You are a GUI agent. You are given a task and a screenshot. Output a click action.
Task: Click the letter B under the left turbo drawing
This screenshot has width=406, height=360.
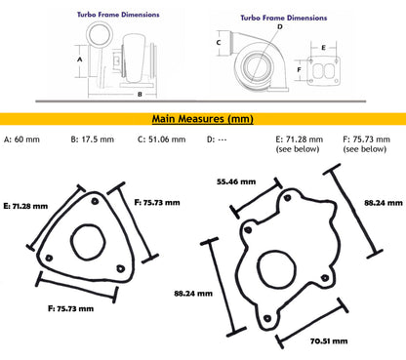pos(140,95)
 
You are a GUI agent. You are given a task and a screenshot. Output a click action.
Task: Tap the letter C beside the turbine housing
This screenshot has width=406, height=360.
pos(219,43)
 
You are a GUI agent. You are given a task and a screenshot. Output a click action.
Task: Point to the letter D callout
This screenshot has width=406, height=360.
pos(280,27)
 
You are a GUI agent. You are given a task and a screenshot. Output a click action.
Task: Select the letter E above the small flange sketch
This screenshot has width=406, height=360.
pos(322,46)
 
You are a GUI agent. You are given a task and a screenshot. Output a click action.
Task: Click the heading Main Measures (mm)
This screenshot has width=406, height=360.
pos(202,119)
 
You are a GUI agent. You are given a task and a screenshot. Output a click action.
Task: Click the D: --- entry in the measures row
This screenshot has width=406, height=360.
pos(218,140)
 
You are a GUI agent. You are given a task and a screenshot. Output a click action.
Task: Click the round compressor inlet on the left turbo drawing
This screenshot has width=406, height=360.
pos(101,36)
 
